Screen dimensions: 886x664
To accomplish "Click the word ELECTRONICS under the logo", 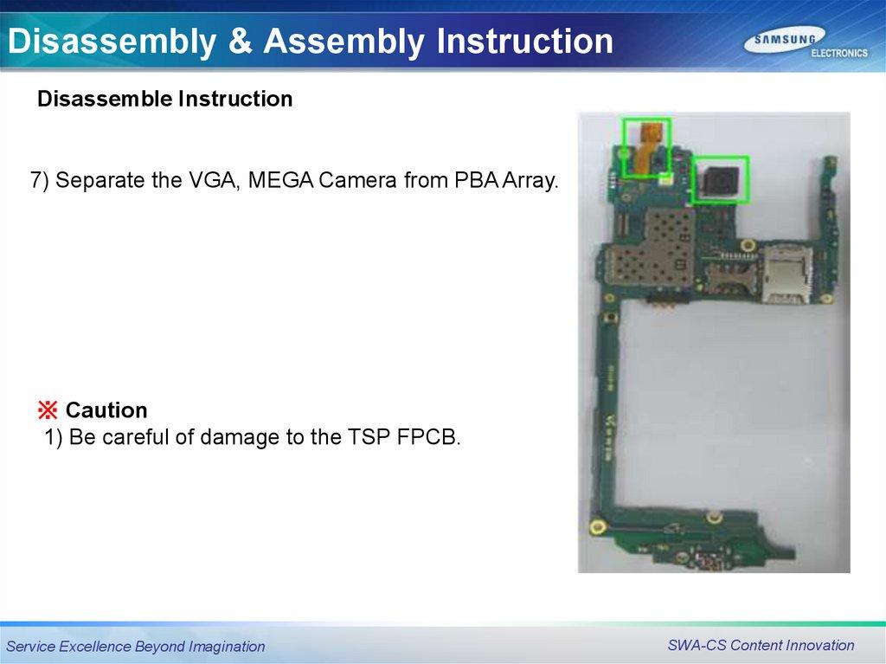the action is pos(839,53).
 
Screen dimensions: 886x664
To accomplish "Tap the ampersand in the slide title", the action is pos(240,41).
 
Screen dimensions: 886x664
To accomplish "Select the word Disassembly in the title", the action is pos(112,42).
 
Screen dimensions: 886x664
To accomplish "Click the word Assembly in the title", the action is pos(343,42).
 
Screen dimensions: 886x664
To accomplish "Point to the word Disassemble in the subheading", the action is pos(106,99).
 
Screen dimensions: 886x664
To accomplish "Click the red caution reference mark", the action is pos(48,410).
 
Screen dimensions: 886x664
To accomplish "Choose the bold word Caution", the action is pos(106,410).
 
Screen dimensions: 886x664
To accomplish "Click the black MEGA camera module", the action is pos(720,179).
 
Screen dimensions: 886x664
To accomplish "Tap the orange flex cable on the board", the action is pos(645,147).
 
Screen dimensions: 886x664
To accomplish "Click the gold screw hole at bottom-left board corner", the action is pos(597,528).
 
